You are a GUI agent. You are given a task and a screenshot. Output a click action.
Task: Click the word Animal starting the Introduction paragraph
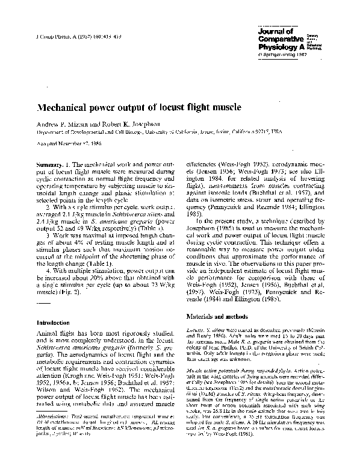48,333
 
